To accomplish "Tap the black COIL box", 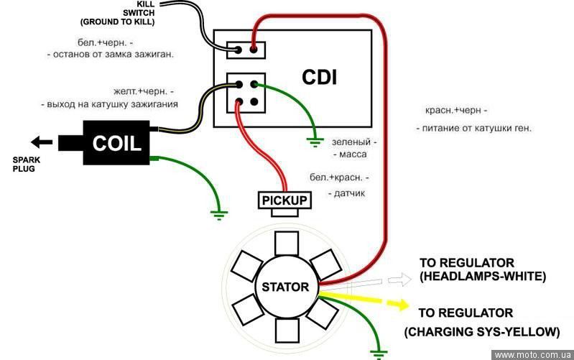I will pos(118,142).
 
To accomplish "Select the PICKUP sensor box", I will pos(284,200).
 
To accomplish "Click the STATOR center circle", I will pos(284,287).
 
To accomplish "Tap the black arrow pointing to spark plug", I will pos(42,142).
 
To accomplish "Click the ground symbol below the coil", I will pos(220,213).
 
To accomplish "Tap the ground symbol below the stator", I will pos(377,352).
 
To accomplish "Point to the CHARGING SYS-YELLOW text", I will pos(481,331).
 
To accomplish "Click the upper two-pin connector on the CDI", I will pos(246,50).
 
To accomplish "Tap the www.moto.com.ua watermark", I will pos(533,355).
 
